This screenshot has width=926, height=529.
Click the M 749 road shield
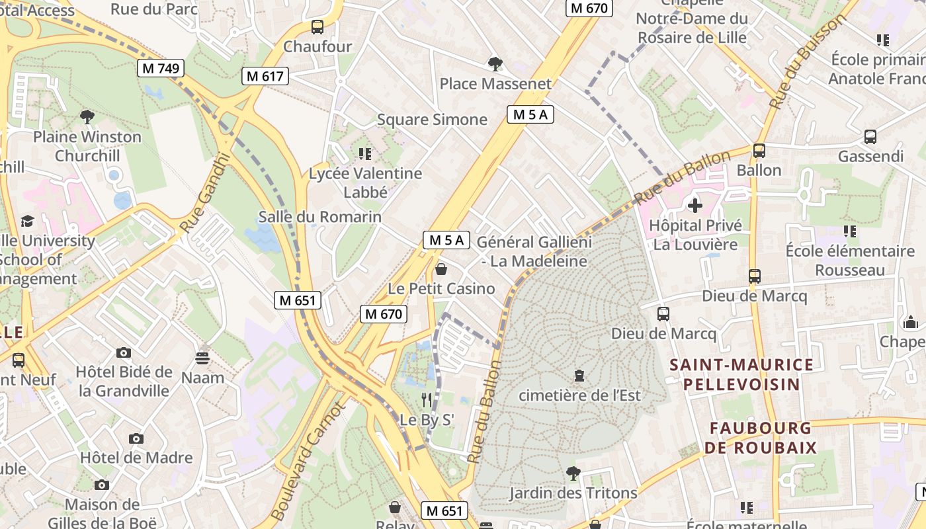point(160,67)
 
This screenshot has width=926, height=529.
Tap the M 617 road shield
point(265,76)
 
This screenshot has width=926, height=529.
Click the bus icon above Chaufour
point(317,27)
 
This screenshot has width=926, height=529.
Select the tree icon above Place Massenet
point(495,63)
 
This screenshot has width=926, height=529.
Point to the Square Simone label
point(432,120)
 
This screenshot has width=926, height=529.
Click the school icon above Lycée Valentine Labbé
point(364,154)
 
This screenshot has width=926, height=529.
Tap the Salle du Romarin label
point(320,217)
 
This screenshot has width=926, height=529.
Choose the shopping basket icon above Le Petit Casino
point(441,269)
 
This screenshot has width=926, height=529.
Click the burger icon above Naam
point(202,358)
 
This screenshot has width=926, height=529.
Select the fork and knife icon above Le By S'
point(427,399)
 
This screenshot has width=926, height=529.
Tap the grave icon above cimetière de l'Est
point(579,376)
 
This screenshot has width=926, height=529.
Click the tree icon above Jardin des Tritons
point(573,473)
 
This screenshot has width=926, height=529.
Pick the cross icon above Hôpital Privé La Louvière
point(694,206)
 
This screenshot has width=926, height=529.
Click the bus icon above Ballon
point(759,151)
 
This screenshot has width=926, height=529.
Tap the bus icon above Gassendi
point(870,137)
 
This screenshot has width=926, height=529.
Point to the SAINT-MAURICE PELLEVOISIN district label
point(741,374)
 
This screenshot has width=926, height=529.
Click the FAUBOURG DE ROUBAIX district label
point(760,438)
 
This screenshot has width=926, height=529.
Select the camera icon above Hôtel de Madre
point(136,438)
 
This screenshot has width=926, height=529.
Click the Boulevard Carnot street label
point(309,461)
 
